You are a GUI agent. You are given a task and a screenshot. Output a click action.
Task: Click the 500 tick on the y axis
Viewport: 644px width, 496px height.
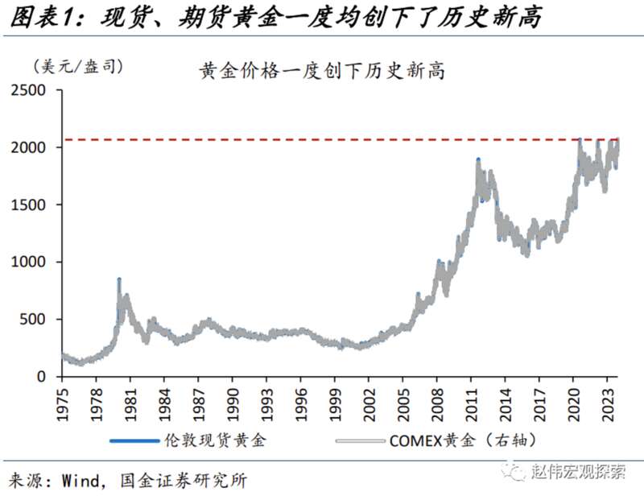pos(35,320)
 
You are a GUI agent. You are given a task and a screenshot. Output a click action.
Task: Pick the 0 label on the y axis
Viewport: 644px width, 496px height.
pos(43,377)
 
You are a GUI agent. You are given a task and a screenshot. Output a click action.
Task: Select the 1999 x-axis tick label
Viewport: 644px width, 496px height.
pos(336,402)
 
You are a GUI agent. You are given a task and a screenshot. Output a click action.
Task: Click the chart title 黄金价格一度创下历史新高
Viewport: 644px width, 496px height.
pos(322,71)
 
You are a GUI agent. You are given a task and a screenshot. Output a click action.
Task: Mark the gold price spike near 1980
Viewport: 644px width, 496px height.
pos(119,280)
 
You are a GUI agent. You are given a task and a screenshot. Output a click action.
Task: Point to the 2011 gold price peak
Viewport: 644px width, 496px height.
pos(478,160)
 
